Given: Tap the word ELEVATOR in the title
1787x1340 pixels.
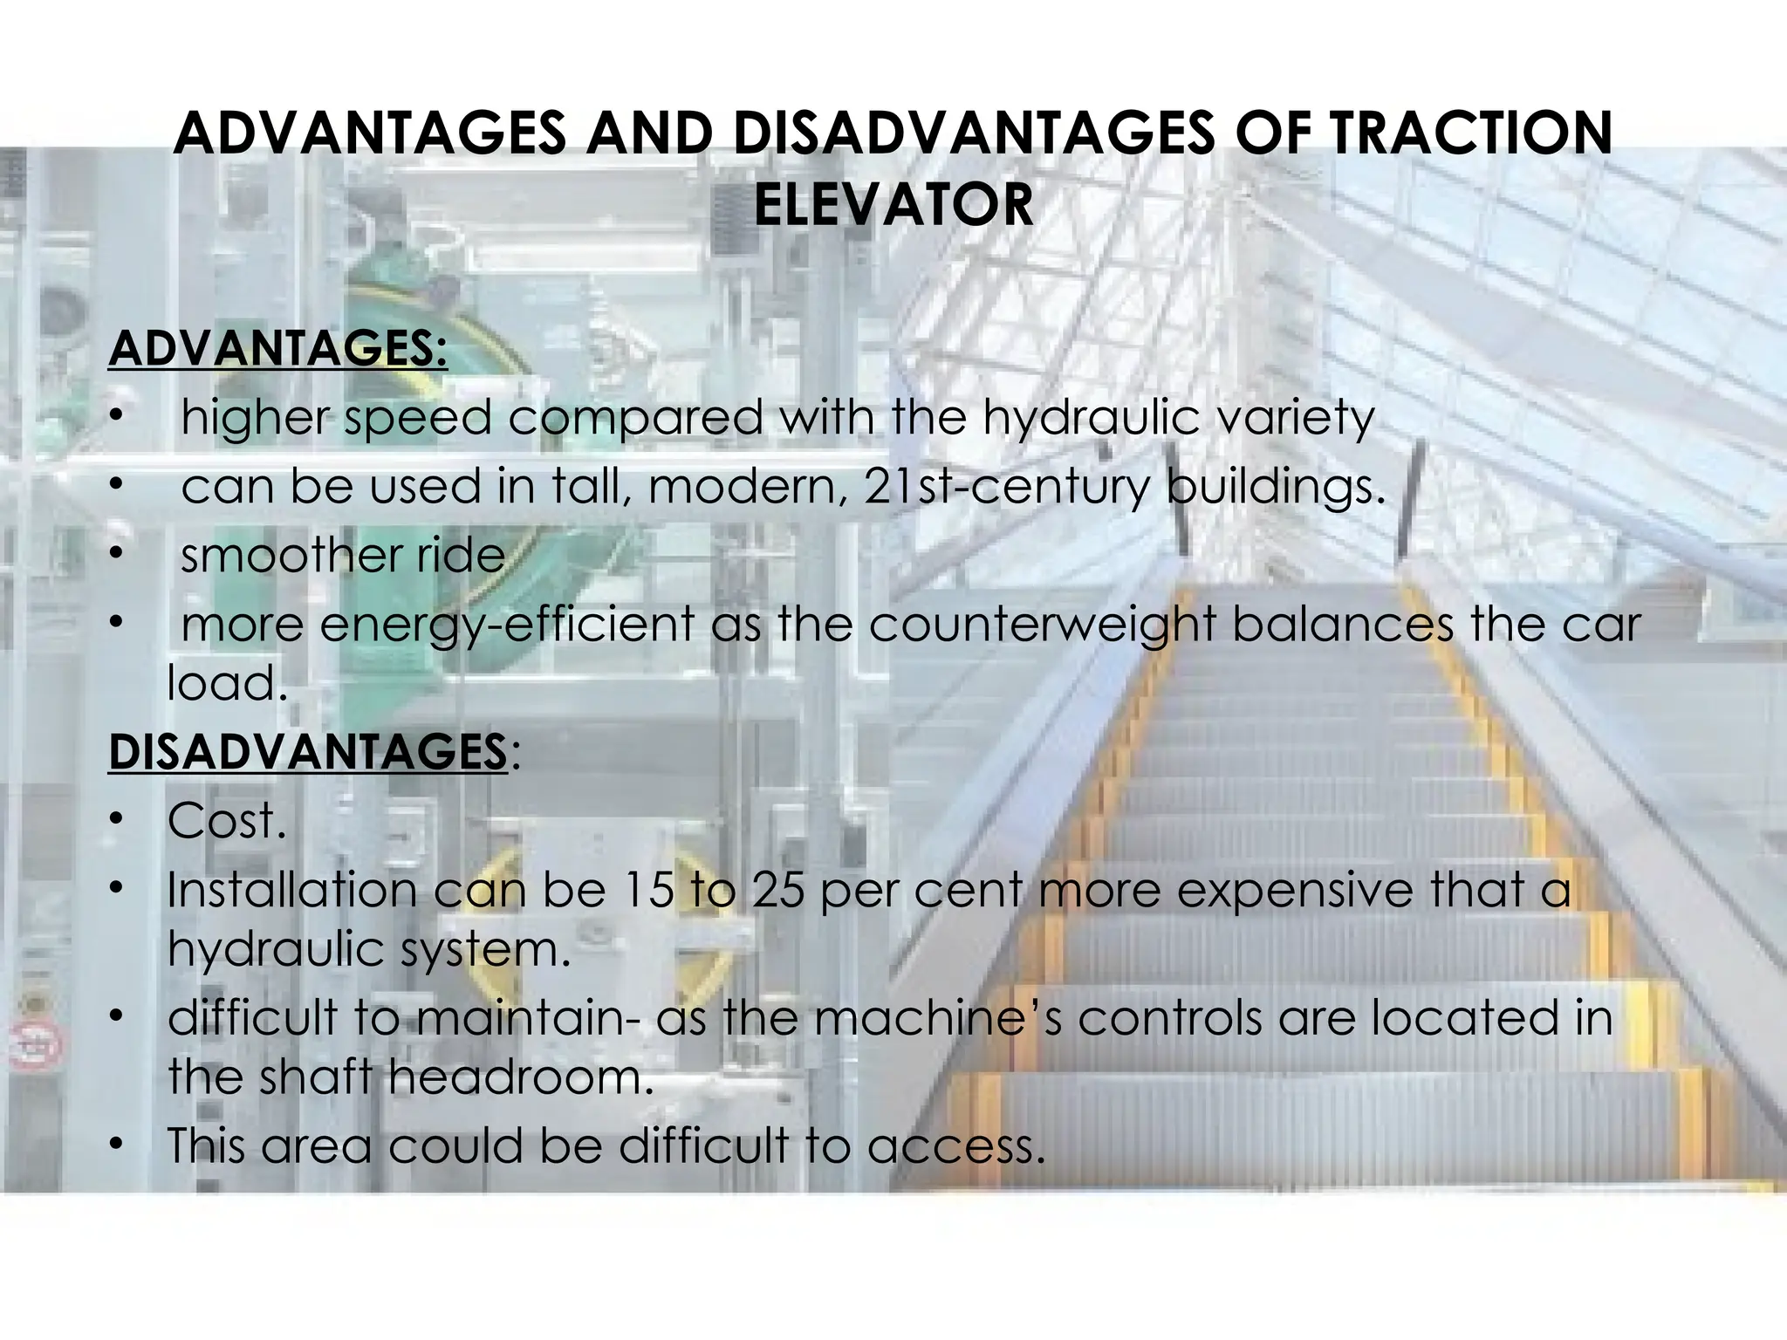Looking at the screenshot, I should [893, 205].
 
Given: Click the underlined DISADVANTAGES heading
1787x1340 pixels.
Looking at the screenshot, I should [308, 752].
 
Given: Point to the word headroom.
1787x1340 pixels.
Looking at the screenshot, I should [521, 1077].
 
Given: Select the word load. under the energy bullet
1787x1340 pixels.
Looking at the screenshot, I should [227, 683].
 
